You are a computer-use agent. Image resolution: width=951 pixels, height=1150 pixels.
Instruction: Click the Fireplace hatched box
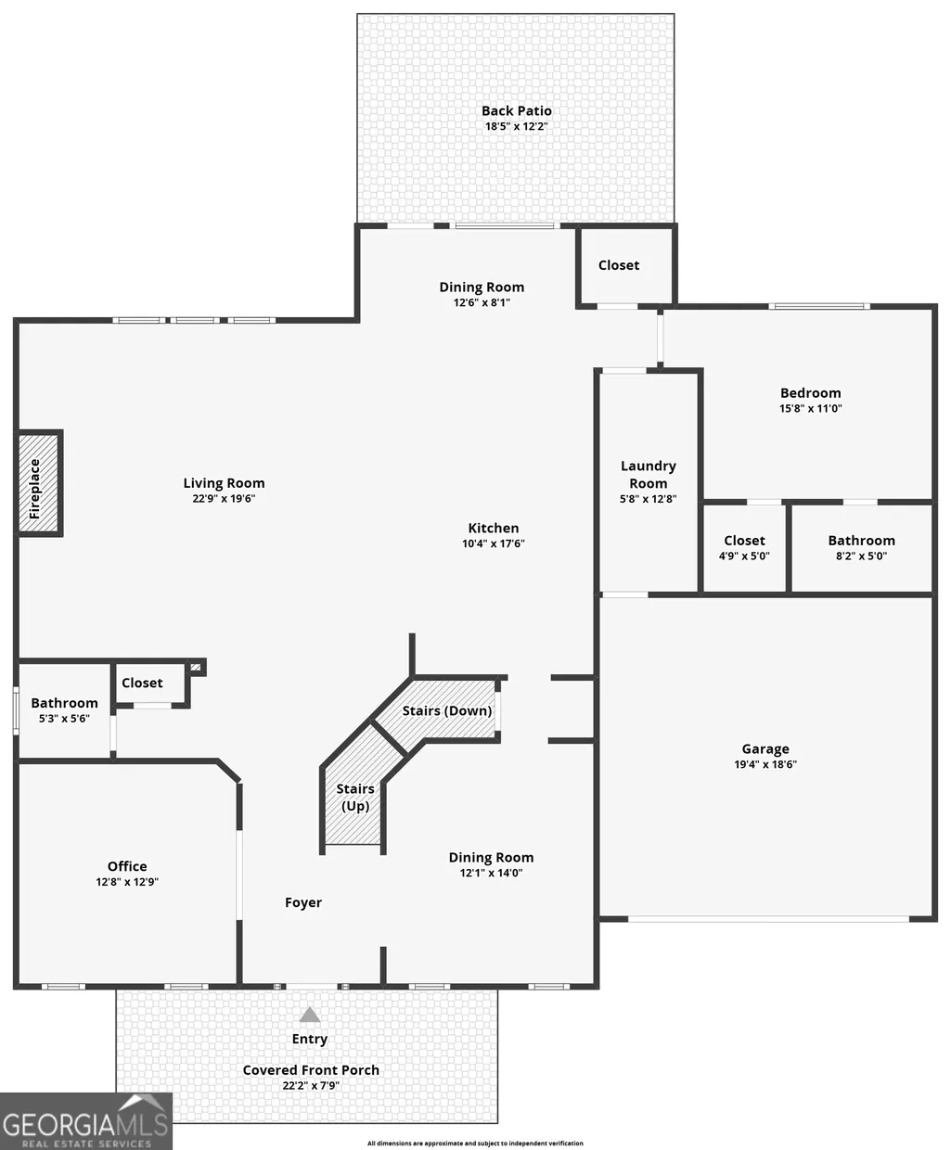pos(39,483)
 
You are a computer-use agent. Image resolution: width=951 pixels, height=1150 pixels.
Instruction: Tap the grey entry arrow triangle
pos(310,1015)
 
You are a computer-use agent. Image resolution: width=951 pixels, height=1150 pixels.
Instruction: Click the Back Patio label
pos(516,110)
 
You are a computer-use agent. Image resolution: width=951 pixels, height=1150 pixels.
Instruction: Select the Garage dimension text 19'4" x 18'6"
pos(765,764)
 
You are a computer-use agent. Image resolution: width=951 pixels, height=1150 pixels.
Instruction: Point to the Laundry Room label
pos(648,474)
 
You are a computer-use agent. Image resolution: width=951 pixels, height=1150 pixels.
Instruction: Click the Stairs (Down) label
pos(447,710)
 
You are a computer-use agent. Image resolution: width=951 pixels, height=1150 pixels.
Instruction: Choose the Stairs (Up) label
pos(355,797)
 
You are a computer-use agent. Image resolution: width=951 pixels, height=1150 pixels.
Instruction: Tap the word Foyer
pos(303,902)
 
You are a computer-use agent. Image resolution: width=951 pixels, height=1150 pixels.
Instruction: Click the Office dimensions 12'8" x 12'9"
pos(127,882)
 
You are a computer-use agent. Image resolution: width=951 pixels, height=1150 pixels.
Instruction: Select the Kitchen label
pos(494,528)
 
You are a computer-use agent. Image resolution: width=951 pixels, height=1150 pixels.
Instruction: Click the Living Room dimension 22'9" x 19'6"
pos(224,498)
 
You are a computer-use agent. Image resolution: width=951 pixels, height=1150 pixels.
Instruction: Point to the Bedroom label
pos(811,392)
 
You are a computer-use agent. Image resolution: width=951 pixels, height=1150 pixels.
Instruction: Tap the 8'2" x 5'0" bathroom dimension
pos(861,556)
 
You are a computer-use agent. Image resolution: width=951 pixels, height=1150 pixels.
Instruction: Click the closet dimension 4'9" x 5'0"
pos(744,556)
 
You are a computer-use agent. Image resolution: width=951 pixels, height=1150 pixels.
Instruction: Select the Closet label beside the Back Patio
pos(619,265)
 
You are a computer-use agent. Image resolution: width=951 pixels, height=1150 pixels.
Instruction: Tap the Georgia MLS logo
pos(85,1121)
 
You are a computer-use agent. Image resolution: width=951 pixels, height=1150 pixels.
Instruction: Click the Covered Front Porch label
pos(311,1070)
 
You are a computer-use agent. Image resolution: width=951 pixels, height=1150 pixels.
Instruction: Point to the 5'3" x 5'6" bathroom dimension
pos(64,718)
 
